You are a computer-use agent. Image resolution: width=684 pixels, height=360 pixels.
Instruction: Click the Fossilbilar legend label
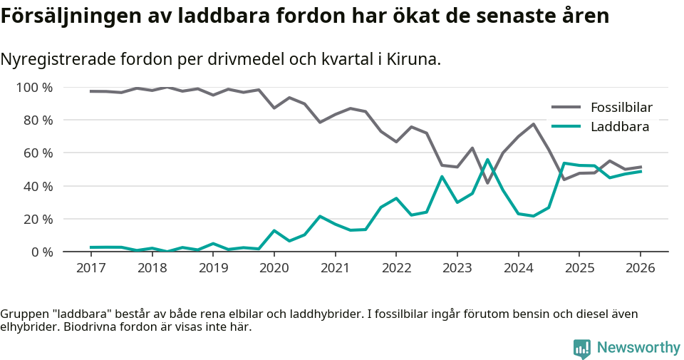coord(621,108)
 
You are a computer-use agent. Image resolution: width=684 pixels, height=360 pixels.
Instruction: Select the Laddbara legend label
coord(619,127)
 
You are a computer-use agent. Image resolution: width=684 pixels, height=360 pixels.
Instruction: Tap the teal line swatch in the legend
coord(567,127)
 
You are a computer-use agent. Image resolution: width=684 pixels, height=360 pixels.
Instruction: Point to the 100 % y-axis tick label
coord(35,88)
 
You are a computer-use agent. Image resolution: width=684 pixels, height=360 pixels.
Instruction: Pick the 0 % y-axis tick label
coord(41,252)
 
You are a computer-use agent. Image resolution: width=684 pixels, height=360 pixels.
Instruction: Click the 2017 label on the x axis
coord(90,268)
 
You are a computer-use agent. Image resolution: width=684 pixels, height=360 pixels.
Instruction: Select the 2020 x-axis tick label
coord(274,268)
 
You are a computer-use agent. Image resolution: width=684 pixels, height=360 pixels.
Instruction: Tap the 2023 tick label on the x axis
coord(457,268)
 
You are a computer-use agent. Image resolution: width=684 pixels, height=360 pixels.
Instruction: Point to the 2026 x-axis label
coord(640,268)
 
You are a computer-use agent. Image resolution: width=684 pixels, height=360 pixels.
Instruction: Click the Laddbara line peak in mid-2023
coord(487,160)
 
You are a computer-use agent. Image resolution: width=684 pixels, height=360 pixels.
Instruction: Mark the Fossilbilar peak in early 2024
coord(533,124)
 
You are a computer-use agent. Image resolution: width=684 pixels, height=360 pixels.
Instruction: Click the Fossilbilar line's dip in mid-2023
coord(487,182)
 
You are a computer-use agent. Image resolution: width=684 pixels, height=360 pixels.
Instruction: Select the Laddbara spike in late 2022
coord(442,177)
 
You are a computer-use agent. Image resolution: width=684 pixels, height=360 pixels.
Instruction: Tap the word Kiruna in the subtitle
coord(415,59)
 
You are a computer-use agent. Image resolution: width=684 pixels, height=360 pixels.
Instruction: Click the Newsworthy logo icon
coord(581,348)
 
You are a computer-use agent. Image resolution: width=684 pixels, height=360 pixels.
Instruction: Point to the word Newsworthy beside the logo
coord(638,348)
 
